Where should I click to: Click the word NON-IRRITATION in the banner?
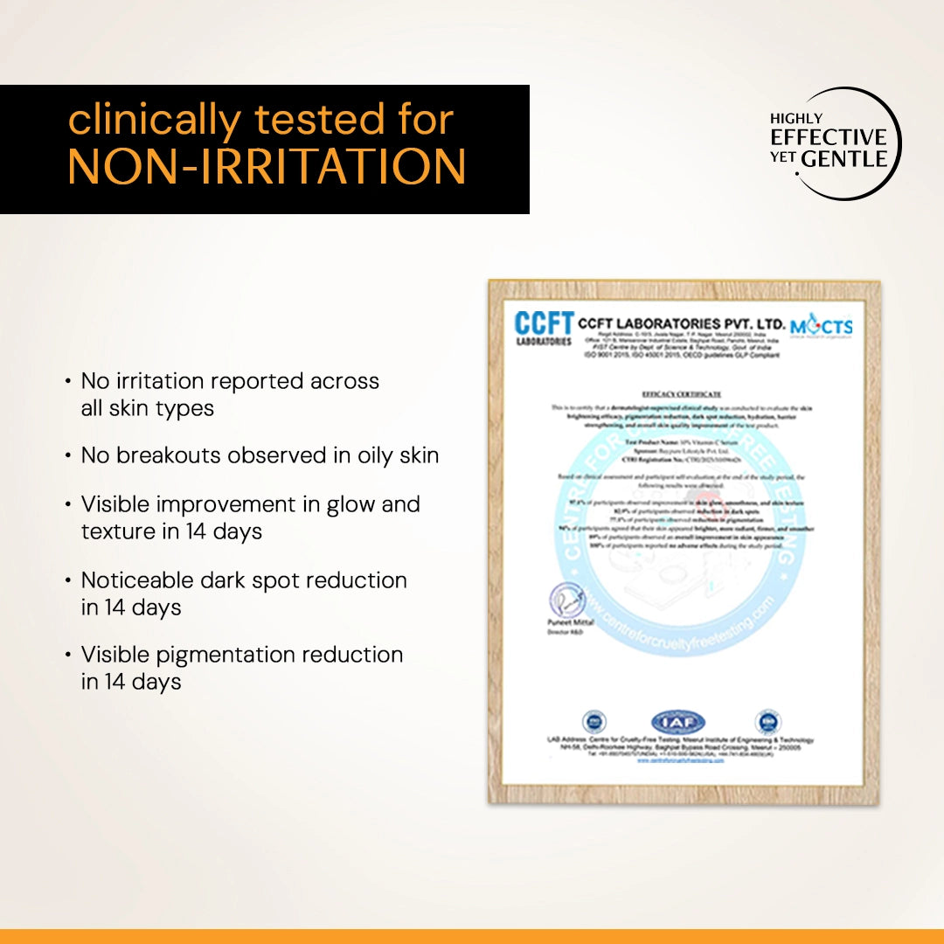[267, 166]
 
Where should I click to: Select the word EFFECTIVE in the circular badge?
[828, 137]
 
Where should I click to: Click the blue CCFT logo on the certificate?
[544, 328]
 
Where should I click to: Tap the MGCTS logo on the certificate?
[822, 327]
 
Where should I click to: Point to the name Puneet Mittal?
[571, 622]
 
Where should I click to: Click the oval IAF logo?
[677, 722]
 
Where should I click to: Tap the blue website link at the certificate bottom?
[680, 760]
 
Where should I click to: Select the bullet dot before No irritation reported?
[68, 382]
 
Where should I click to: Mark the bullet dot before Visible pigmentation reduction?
[68, 656]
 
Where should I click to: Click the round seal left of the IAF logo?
[593, 722]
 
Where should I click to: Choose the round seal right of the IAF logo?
[767, 721]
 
